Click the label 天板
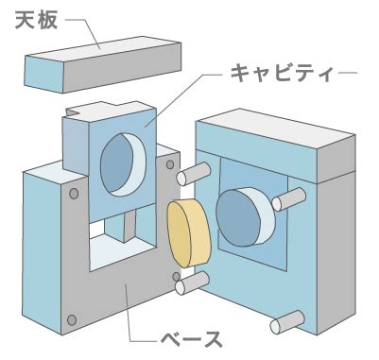[36, 20]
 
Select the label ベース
[192, 339]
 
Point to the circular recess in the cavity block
[123, 164]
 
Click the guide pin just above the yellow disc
[193, 174]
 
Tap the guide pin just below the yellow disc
[192, 283]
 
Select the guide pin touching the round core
[289, 199]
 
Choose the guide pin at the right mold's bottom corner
[287, 322]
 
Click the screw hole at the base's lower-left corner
[72, 319]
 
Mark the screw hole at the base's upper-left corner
[74, 194]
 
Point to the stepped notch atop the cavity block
[78, 113]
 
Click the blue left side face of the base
[42, 253]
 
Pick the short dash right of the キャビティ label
[347, 73]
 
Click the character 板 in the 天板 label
[47, 20]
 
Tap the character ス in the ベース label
[213, 339]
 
